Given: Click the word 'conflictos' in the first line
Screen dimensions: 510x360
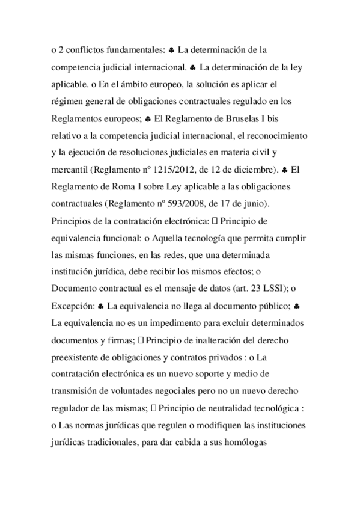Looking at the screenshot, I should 84,48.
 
